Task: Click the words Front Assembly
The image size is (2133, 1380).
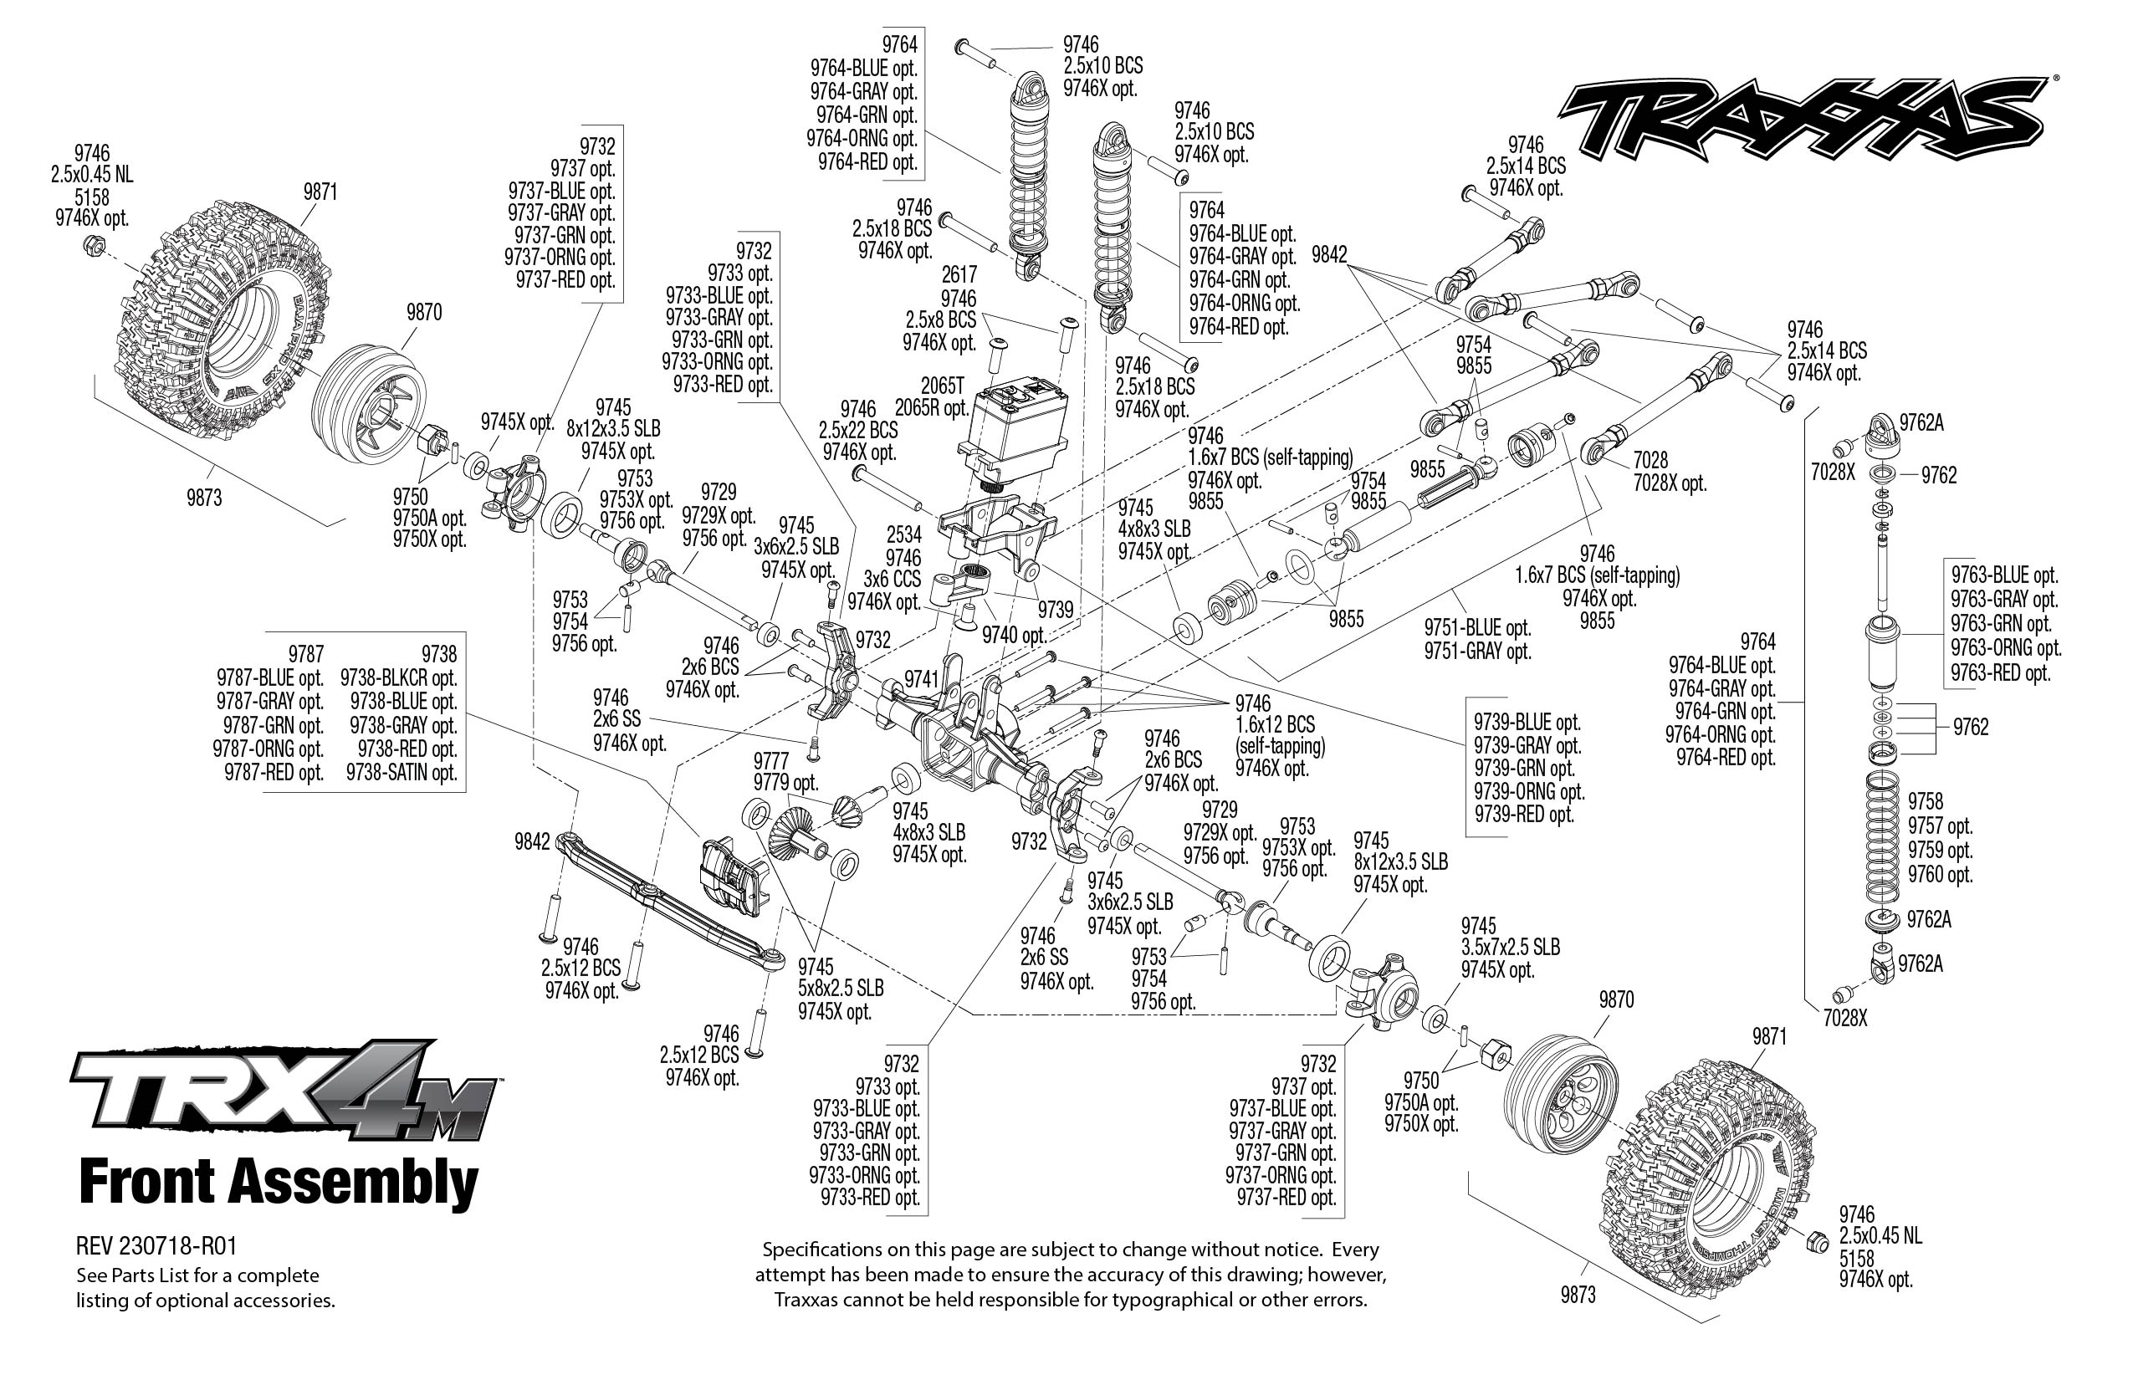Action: (x=279, y=1183)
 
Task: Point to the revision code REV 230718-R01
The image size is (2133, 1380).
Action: (x=157, y=1246)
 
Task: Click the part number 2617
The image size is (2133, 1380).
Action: (x=958, y=274)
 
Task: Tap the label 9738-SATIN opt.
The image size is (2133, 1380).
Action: (x=402, y=773)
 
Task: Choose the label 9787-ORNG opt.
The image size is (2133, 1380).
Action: (x=268, y=749)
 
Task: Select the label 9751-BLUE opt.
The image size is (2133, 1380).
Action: (x=1478, y=628)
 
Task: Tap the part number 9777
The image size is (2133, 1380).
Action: (x=770, y=761)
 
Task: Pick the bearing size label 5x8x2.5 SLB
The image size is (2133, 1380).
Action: (x=841, y=989)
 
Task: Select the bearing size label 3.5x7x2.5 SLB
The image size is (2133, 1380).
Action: (x=1510, y=947)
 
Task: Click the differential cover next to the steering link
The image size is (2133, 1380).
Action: (x=731, y=875)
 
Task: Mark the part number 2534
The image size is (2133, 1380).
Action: (x=903, y=535)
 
